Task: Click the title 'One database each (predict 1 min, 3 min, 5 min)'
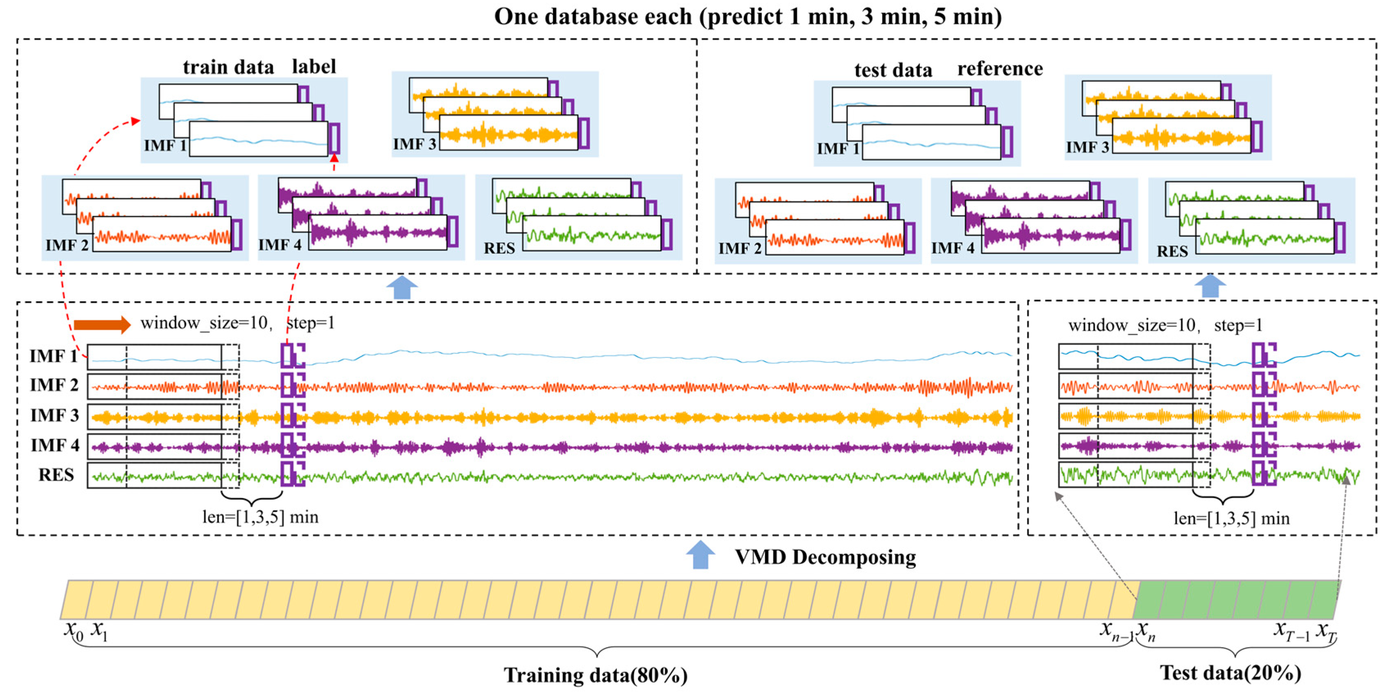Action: point(748,17)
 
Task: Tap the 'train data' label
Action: point(228,67)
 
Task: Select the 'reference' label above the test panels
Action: point(1000,69)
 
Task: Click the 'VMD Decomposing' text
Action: point(825,557)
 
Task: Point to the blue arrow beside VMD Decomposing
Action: point(700,555)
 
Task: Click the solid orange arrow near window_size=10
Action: point(102,324)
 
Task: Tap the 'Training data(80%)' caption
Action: point(596,675)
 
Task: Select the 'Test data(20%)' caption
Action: point(1230,673)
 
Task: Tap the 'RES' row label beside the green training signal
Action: point(56,475)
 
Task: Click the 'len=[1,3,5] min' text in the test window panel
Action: point(1232,518)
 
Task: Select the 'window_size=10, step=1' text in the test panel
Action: point(1165,325)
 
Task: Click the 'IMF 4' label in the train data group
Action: point(280,245)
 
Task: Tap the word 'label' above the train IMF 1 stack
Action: point(314,67)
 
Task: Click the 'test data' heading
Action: point(893,70)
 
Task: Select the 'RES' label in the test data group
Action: point(1172,251)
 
